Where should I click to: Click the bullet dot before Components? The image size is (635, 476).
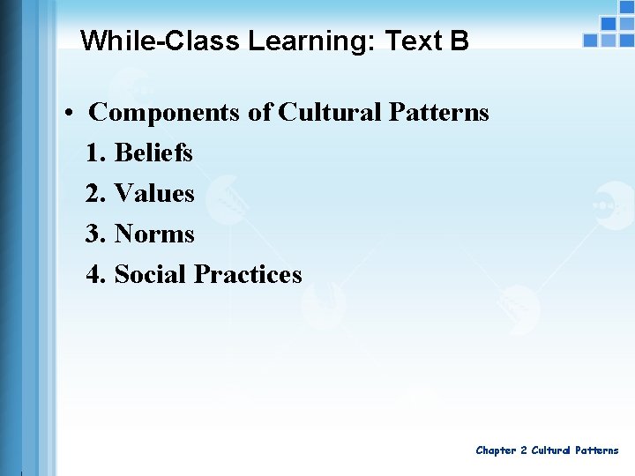(x=68, y=114)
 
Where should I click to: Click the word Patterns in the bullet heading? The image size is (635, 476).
(x=437, y=113)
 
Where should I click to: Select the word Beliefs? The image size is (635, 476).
(x=153, y=152)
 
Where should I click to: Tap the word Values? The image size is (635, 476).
(x=154, y=193)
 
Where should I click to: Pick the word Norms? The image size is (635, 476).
(x=154, y=234)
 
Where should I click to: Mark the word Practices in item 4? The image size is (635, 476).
(x=248, y=274)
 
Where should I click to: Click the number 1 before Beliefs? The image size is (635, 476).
(x=95, y=152)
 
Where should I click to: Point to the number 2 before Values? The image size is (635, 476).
(x=95, y=193)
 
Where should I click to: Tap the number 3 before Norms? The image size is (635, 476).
(x=95, y=234)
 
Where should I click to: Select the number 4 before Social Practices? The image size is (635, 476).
(x=95, y=274)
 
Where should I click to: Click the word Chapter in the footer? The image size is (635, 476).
(x=496, y=450)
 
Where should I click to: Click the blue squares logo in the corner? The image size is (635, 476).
(x=608, y=31)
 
